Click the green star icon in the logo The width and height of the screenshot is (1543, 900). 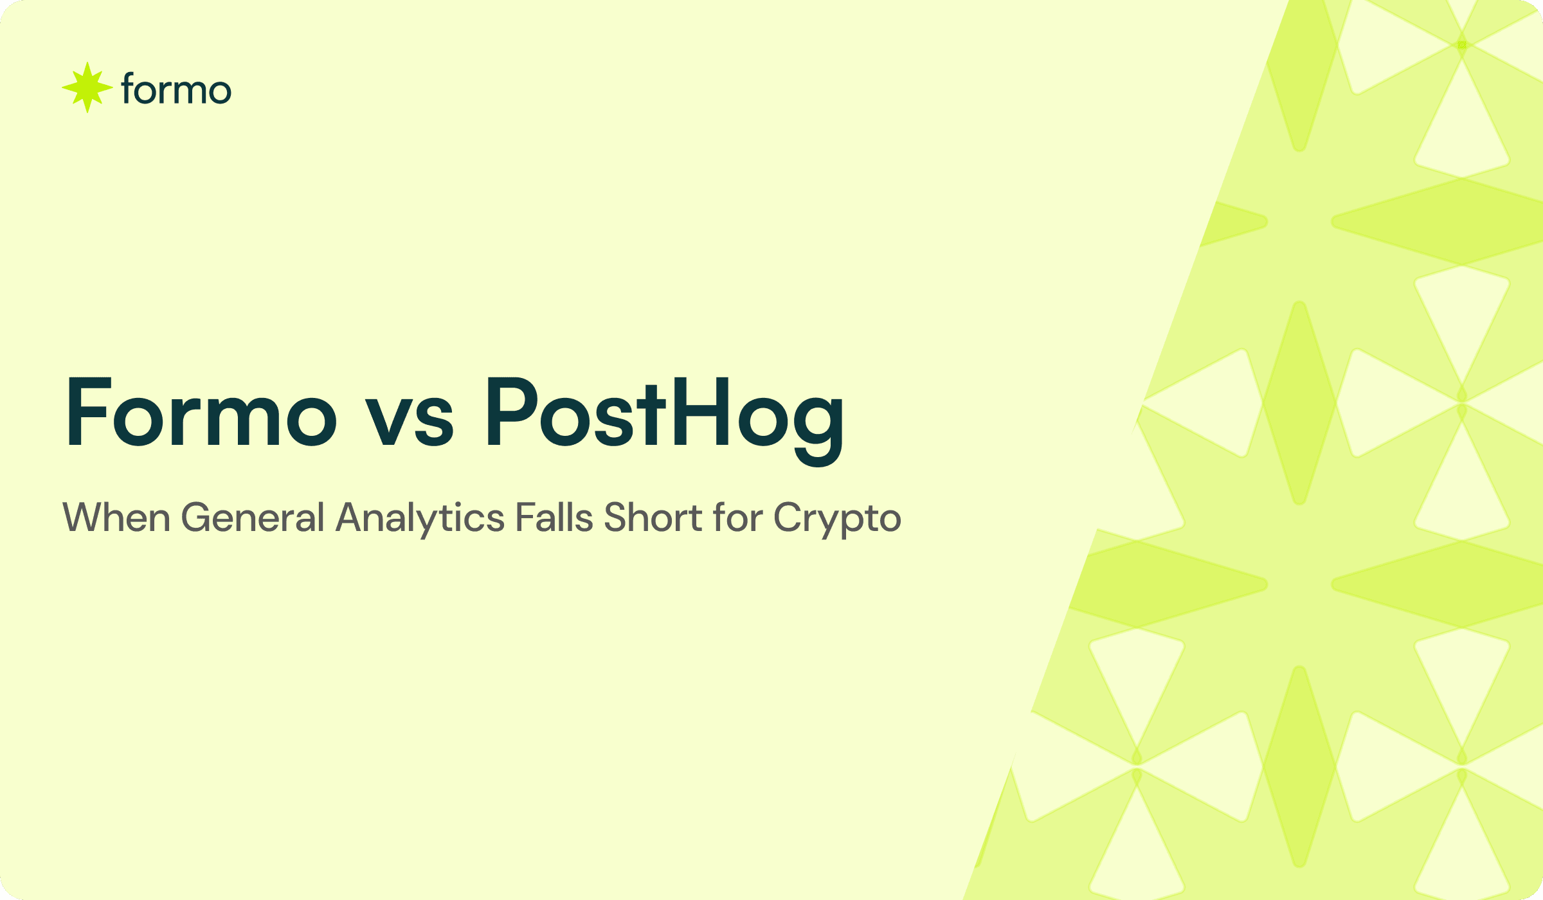click(87, 87)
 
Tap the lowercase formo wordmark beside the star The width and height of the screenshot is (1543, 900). click(176, 89)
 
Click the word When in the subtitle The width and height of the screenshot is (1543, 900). click(116, 517)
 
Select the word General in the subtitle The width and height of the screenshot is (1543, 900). click(253, 517)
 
